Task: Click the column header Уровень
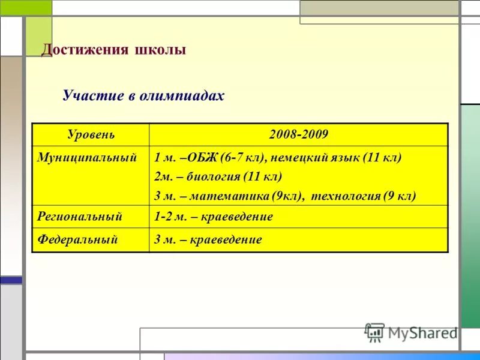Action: pyautogui.click(x=91, y=134)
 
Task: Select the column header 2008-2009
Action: pyautogui.click(x=299, y=134)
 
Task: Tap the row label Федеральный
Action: pyautogui.click(x=77, y=239)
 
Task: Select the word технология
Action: pyautogui.click(x=345, y=196)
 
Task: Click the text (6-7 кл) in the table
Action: pyautogui.click(x=241, y=158)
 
